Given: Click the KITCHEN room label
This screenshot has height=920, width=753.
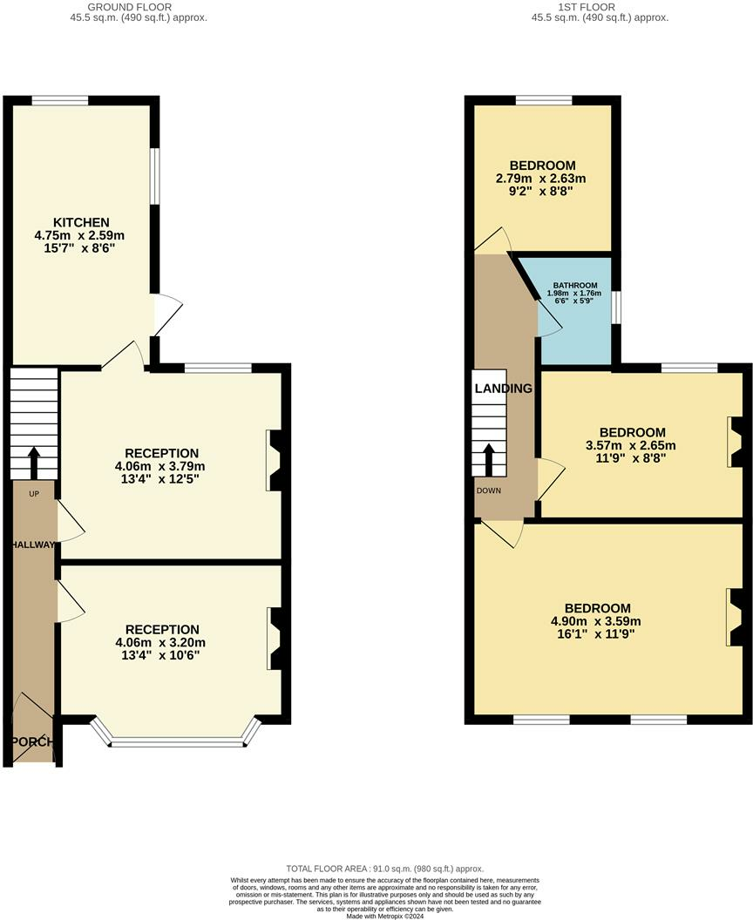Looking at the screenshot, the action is (x=81, y=222).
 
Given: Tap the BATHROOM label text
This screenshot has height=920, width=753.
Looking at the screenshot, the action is (x=575, y=286).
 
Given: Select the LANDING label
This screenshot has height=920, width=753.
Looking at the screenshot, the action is (x=504, y=389).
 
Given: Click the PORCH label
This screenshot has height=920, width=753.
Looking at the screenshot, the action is (x=33, y=741).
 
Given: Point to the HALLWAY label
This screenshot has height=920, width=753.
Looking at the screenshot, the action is (x=33, y=545).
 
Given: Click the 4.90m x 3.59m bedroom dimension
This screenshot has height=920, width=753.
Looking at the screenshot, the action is (x=596, y=621).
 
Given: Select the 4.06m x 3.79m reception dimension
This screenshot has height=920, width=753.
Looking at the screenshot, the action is (x=160, y=466).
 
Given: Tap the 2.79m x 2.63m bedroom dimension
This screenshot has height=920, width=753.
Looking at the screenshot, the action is (x=541, y=179).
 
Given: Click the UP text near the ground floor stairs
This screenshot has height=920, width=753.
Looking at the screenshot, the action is (x=34, y=494).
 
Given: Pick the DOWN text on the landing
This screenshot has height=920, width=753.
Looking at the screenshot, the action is (x=489, y=490).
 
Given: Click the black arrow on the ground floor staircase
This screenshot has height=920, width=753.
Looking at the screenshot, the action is (x=33, y=463).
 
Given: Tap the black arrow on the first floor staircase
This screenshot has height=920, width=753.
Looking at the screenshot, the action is (x=488, y=459).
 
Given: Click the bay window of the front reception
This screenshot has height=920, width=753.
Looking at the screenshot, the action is (x=176, y=734).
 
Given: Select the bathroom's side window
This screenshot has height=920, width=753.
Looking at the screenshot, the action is (x=615, y=308).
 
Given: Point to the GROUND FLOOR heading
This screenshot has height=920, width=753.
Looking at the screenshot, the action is (x=130, y=7).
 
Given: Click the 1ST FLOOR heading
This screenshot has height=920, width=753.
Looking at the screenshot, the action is (x=587, y=7).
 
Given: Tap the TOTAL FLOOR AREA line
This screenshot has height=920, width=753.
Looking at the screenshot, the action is (x=385, y=869).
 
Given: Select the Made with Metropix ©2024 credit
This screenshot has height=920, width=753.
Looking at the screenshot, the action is (x=385, y=916).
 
